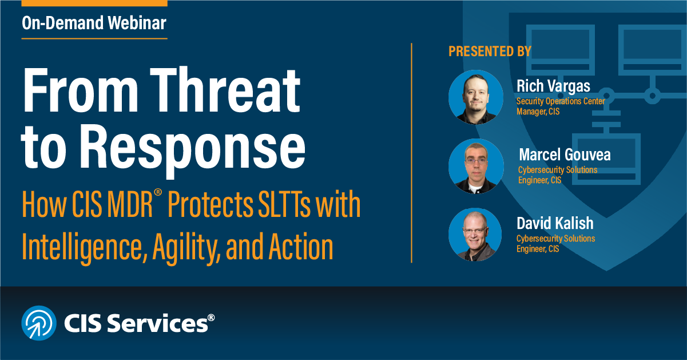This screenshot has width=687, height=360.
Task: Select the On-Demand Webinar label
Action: tap(94, 23)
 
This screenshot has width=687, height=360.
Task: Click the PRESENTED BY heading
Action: tap(490, 52)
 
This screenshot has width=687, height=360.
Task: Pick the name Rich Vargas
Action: tap(553, 86)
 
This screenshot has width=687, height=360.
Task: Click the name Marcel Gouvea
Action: tap(565, 155)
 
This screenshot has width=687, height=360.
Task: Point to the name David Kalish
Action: tap(554, 223)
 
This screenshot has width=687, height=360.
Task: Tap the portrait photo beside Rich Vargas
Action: tap(472, 97)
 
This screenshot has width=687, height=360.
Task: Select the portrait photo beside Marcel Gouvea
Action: tap(472, 165)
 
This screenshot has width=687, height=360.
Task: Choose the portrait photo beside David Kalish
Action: tap(472, 234)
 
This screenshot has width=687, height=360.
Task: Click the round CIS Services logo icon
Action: tap(39, 323)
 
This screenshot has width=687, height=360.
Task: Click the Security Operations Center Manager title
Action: tap(560, 106)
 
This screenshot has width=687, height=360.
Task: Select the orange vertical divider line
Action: tap(412, 153)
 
